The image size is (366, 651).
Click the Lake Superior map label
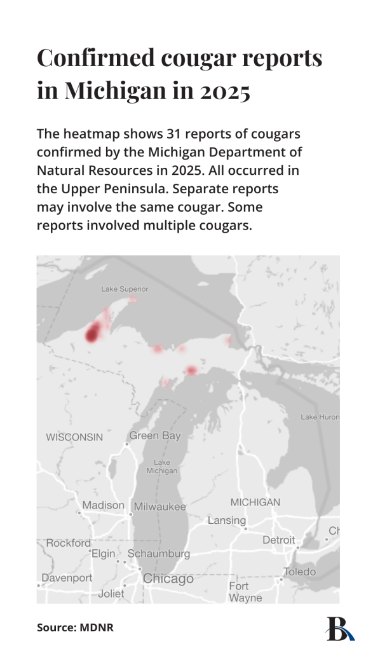coord(125,289)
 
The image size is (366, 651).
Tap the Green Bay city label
coord(155,436)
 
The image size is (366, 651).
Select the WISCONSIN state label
coord(74,437)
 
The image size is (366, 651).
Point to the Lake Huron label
coord(320,417)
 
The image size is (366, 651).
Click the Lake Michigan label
coord(162,467)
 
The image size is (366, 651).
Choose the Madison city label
coord(104,505)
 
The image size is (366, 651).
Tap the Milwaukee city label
coord(160,507)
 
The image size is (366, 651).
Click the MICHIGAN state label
coord(255,502)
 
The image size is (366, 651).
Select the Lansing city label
coord(227,521)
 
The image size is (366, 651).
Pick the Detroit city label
coord(279,540)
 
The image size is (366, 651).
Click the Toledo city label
coord(299,572)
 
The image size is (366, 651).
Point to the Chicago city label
coord(168,579)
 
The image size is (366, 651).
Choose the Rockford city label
coord(68,543)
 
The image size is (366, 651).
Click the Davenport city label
coord(67,578)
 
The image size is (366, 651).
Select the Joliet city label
coord(112,594)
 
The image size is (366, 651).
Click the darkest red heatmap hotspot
coord(93,332)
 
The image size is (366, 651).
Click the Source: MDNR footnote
coord(75,627)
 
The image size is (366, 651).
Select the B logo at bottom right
coord(338,628)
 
